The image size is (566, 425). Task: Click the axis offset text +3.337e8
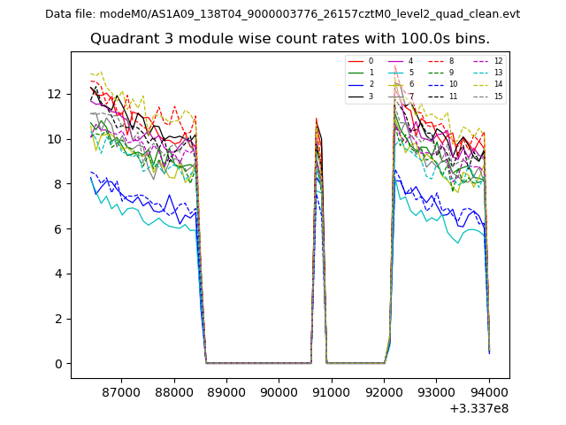tap(478, 408)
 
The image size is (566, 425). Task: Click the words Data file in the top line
tap(70, 14)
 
